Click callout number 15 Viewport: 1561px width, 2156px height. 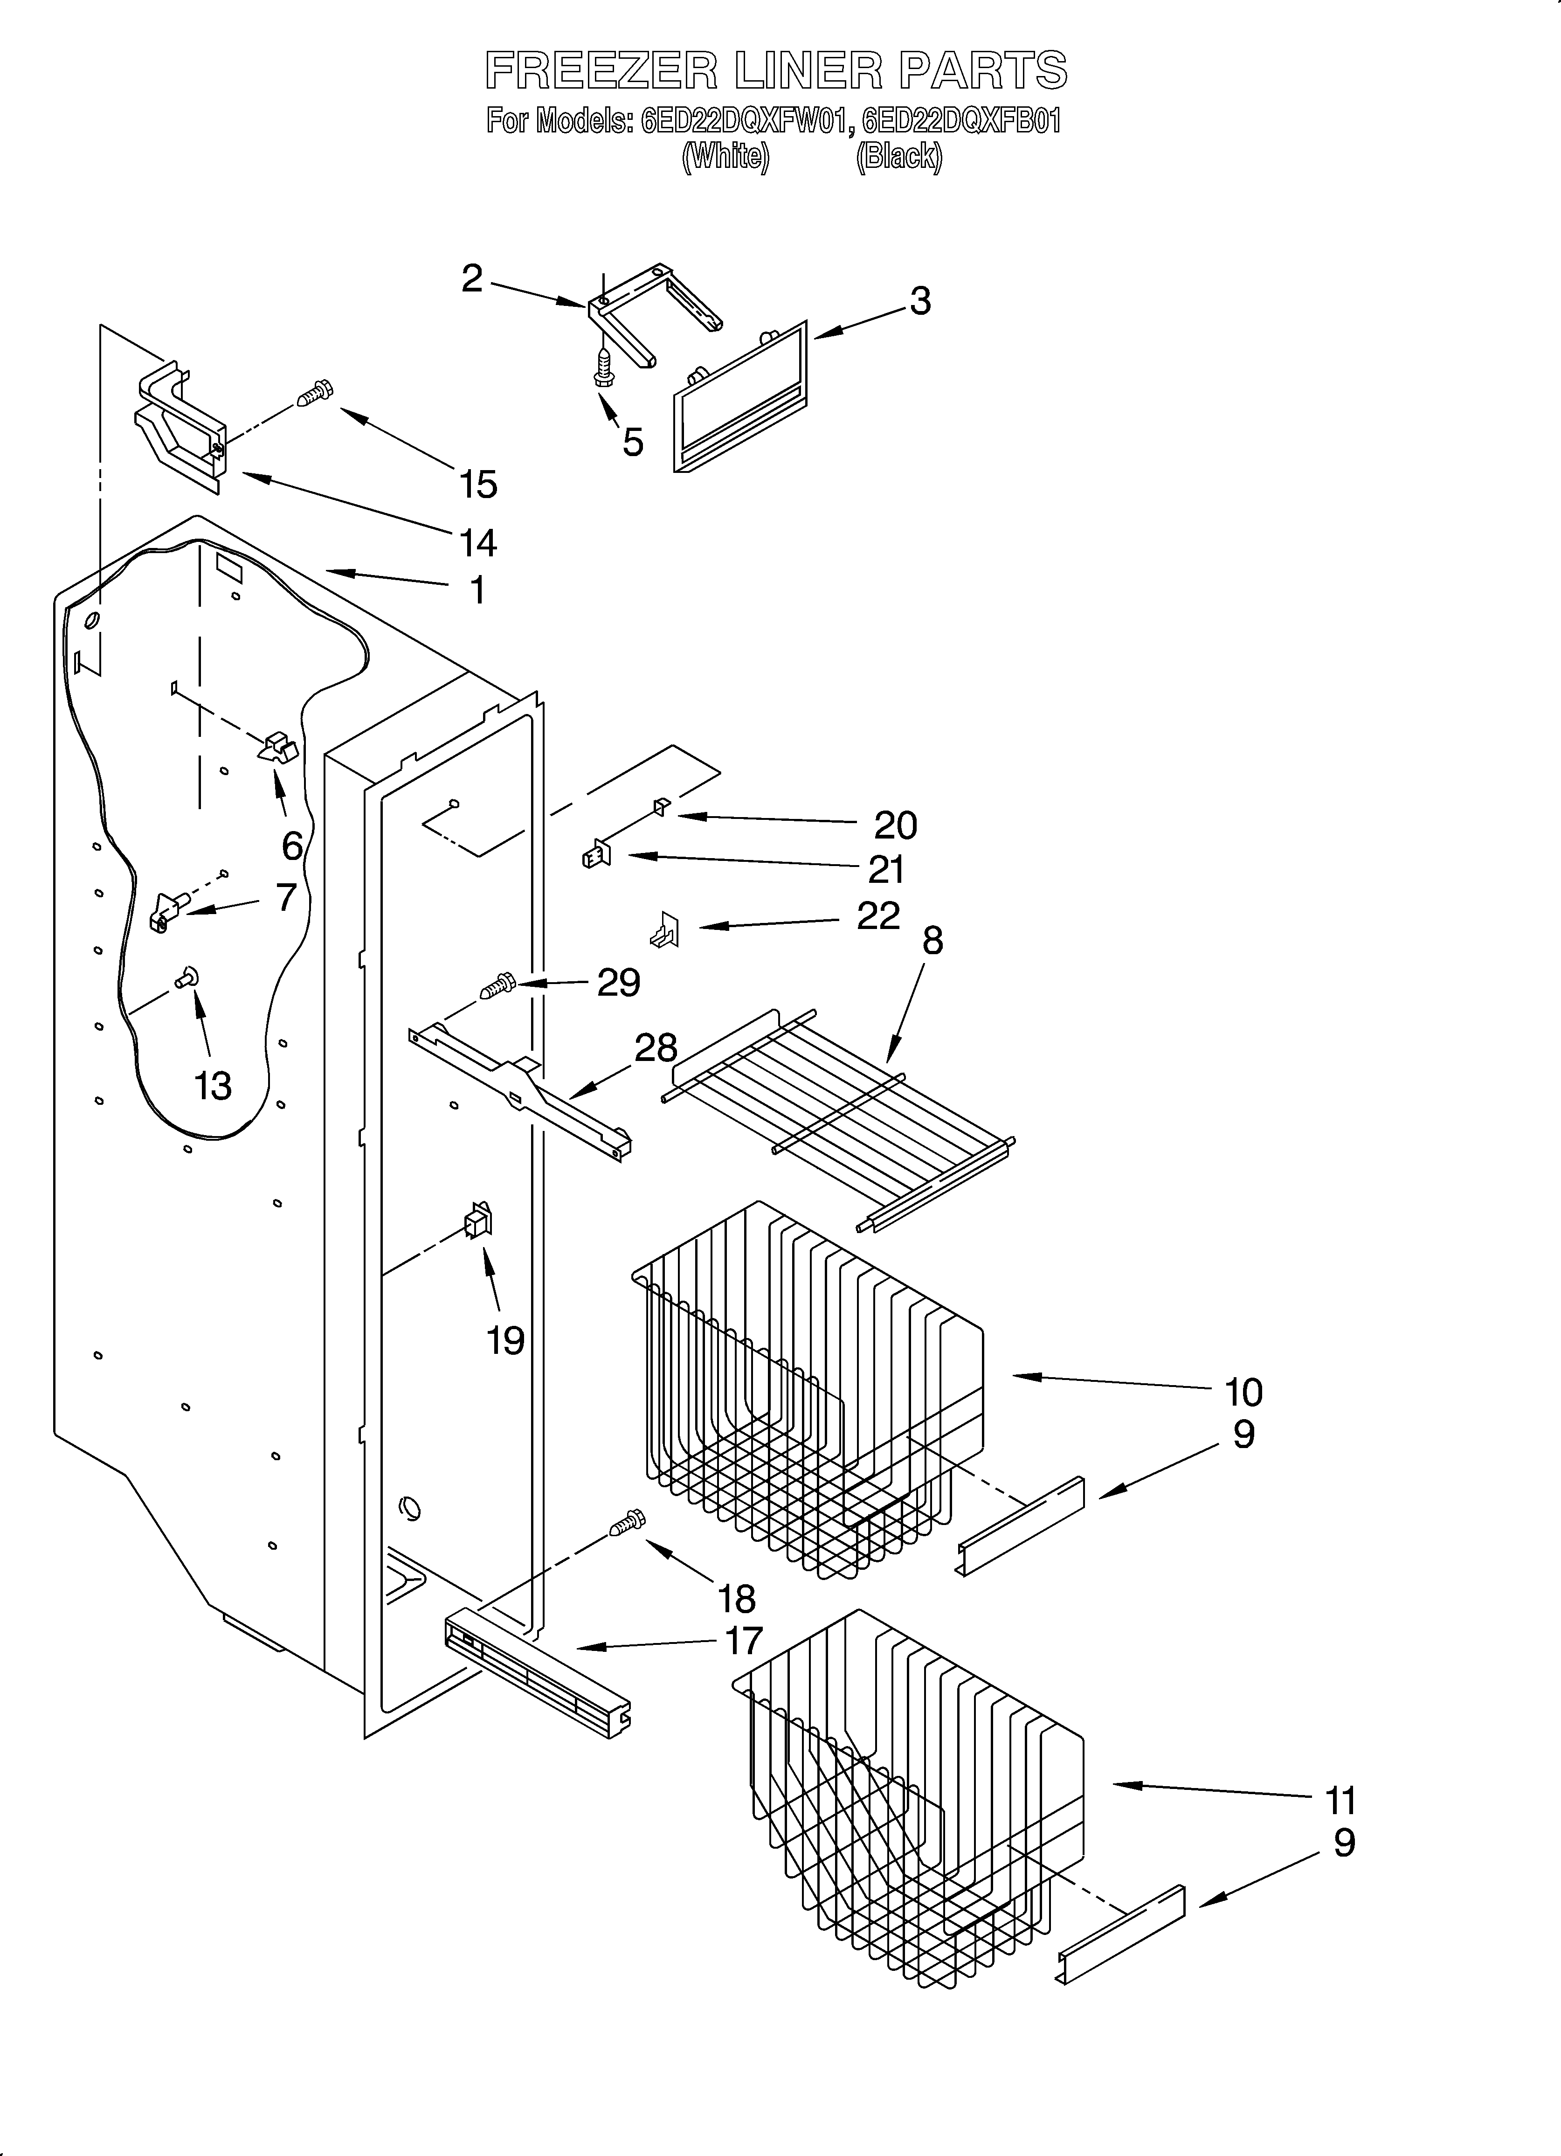pos(478,485)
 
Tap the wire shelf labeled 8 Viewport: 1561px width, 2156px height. pos(836,1112)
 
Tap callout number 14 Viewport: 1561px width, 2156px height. pos(477,543)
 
